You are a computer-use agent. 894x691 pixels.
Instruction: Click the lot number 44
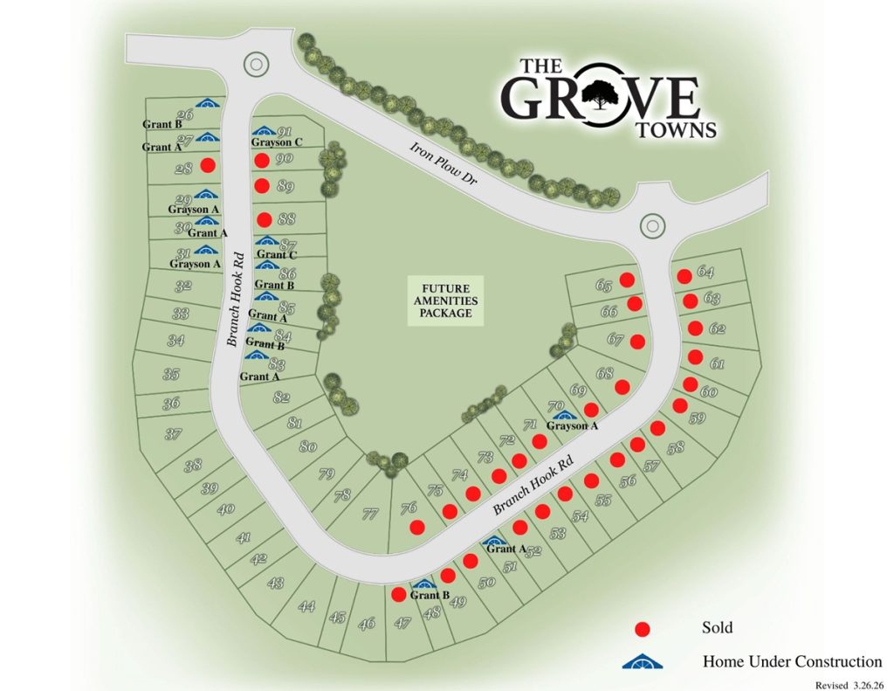pyautogui.click(x=306, y=605)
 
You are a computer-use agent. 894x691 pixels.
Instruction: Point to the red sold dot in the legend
pyautogui.click(x=643, y=628)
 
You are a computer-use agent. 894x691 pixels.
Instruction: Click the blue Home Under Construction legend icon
pyautogui.click(x=643, y=660)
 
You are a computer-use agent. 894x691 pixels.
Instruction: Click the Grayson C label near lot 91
pyautogui.click(x=277, y=142)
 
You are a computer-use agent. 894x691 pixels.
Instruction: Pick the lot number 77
pyautogui.click(x=370, y=514)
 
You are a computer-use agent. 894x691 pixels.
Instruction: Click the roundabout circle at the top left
pyautogui.click(x=255, y=63)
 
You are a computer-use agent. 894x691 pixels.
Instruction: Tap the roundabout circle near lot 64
pyautogui.click(x=651, y=225)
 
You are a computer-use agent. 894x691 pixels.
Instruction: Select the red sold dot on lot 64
pyautogui.click(x=685, y=276)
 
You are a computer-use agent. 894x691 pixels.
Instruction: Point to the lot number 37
pyautogui.click(x=173, y=433)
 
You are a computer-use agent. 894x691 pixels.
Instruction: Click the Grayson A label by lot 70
pyautogui.click(x=572, y=426)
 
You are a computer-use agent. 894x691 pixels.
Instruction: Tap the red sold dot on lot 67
pyautogui.click(x=637, y=342)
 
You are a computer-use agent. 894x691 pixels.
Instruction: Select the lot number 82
pyautogui.click(x=281, y=398)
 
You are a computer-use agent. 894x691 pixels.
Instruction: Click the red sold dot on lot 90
pyautogui.click(x=261, y=160)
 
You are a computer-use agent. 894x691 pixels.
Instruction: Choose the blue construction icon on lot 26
pyautogui.click(x=207, y=104)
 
